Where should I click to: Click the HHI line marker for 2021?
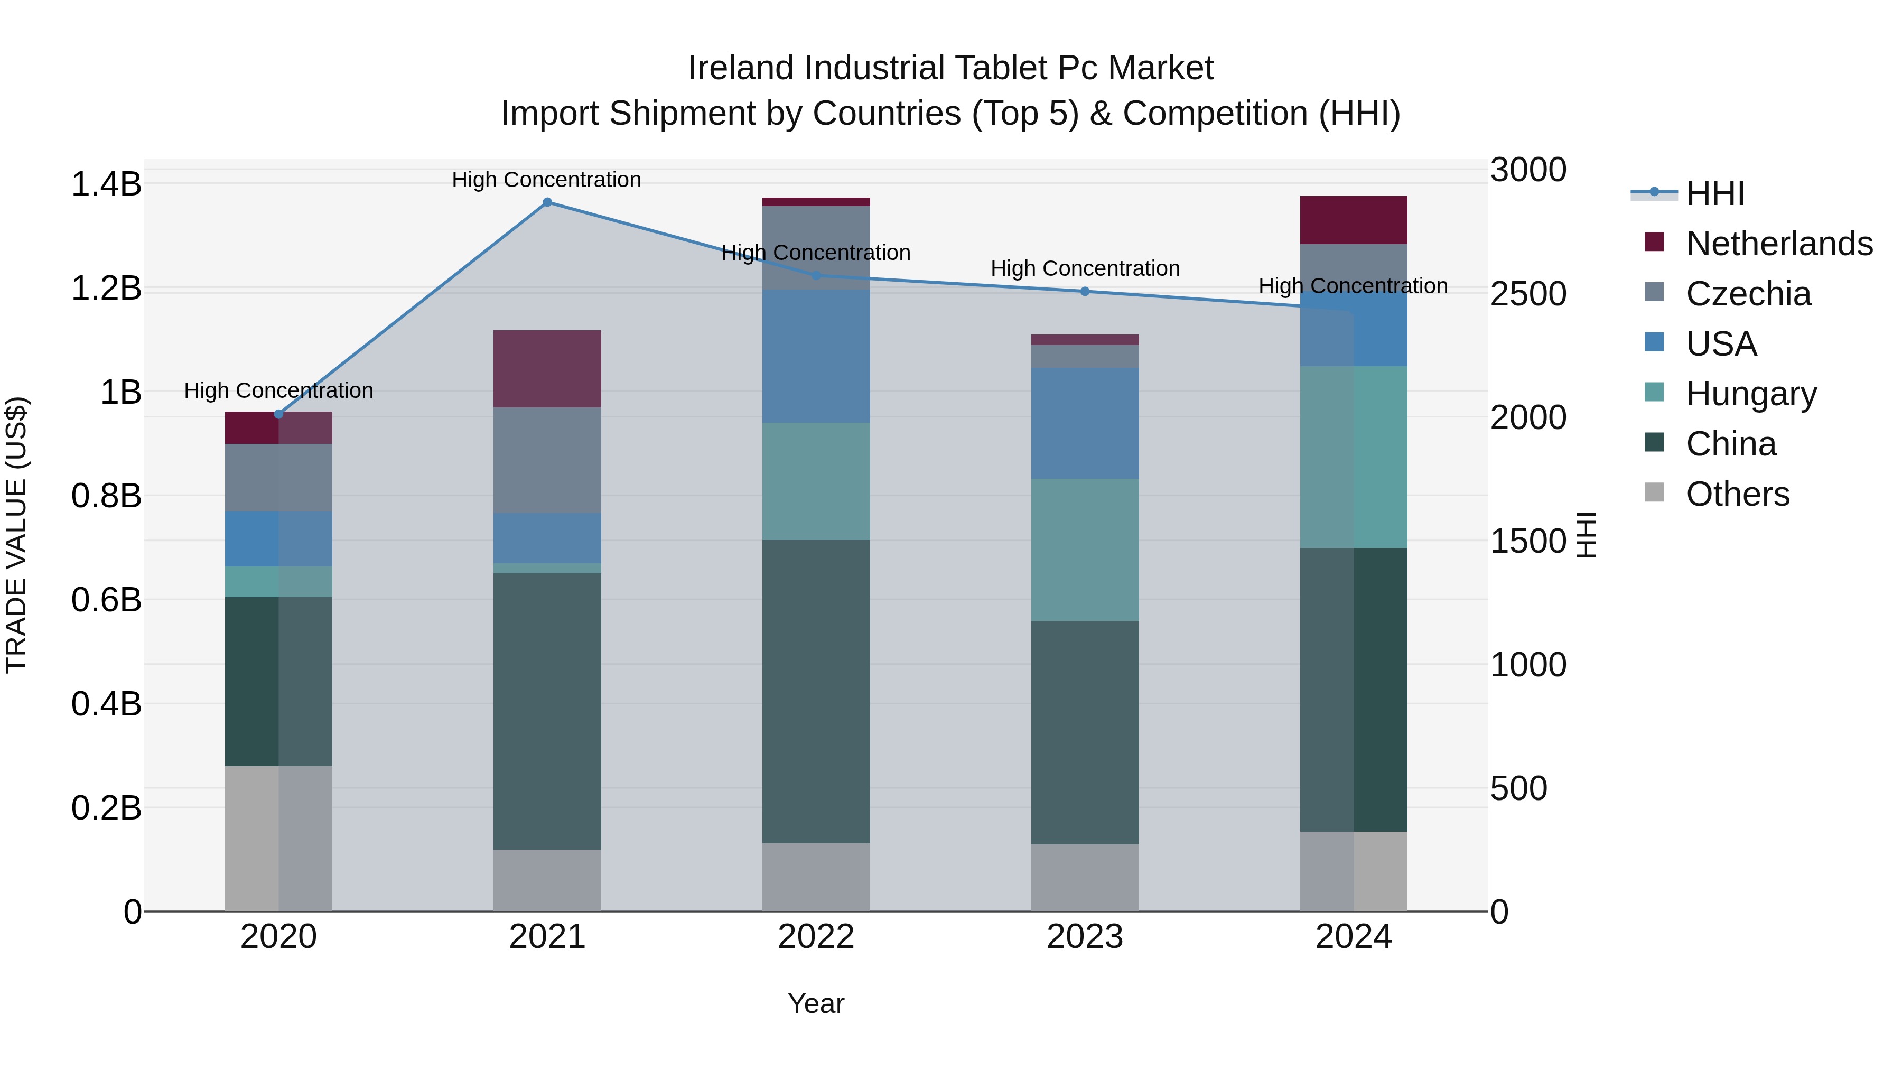pyautogui.click(x=547, y=202)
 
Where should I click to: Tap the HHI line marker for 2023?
pyautogui.click(x=1085, y=292)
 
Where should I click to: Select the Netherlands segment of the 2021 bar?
pyautogui.click(x=547, y=368)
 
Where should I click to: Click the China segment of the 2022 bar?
pyautogui.click(x=816, y=691)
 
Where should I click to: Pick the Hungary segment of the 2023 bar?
pyautogui.click(x=1085, y=550)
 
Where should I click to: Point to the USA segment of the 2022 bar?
pyautogui.click(x=816, y=356)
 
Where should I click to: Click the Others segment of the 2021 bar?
pyautogui.click(x=547, y=880)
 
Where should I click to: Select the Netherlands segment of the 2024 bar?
pyautogui.click(x=1354, y=220)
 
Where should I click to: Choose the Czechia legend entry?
pyautogui.click(x=1748, y=294)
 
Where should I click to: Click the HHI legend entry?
pyautogui.click(x=1714, y=193)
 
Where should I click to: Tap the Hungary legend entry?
pyautogui.click(x=1751, y=394)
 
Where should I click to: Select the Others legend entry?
pyautogui.click(x=1737, y=494)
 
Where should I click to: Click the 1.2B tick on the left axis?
pyautogui.click(x=106, y=288)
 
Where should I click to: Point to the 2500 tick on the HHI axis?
pyautogui.click(x=1527, y=294)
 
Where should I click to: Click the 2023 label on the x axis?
pyautogui.click(x=1085, y=937)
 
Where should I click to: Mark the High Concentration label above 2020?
pyautogui.click(x=278, y=390)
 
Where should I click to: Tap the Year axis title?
pyautogui.click(x=816, y=1003)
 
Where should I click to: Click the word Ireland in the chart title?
pyautogui.click(x=741, y=68)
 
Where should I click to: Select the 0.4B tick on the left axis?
pyautogui.click(x=106, y=704)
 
